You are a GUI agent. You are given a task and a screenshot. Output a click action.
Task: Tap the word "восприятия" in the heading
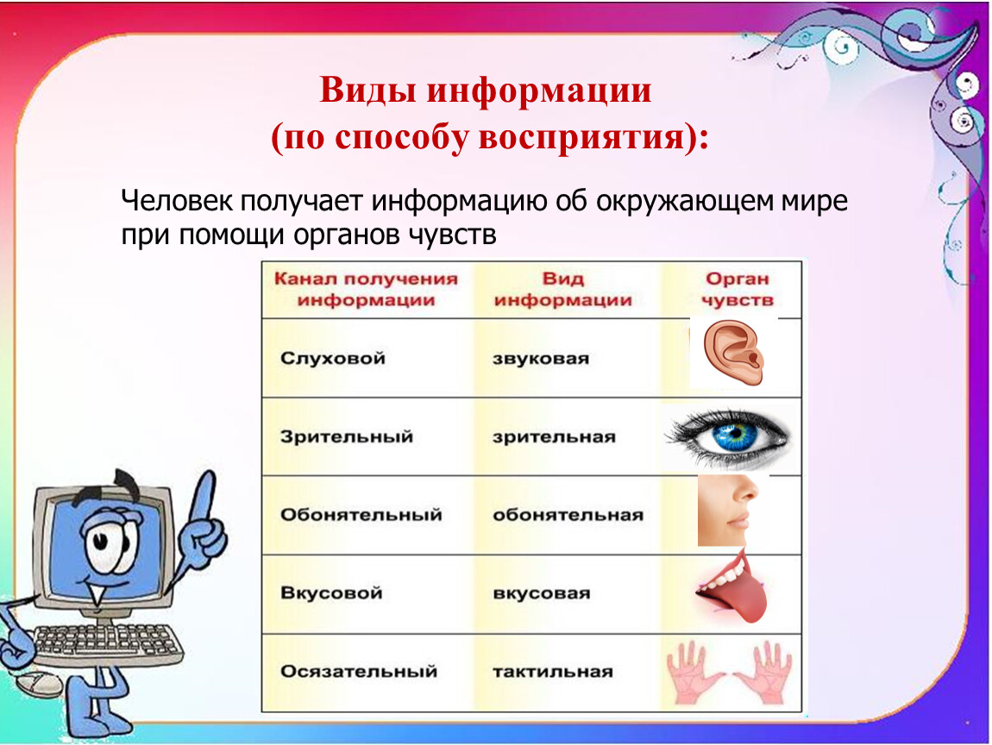click(581, 136)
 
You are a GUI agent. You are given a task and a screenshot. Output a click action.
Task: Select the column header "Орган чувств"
click(738, 289)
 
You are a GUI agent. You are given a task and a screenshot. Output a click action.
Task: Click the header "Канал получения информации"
click(366, 289)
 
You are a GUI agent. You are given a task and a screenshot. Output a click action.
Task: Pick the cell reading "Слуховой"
click(333, 359)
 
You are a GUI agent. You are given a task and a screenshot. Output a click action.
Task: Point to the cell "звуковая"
click(541, 360)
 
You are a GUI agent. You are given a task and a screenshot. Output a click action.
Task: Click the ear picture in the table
click(733, 353)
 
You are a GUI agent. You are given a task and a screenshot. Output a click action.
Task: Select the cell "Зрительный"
click(347, 437)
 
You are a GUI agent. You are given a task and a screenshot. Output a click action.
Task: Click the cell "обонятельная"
click(568, 516)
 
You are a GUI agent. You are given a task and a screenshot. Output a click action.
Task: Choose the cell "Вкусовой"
click(331, 593)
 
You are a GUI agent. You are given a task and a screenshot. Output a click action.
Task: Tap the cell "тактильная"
click(553, 672)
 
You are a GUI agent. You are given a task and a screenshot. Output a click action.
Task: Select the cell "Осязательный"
click(359, 672)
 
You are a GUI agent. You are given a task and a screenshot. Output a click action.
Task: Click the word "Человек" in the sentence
click(179, 201)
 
